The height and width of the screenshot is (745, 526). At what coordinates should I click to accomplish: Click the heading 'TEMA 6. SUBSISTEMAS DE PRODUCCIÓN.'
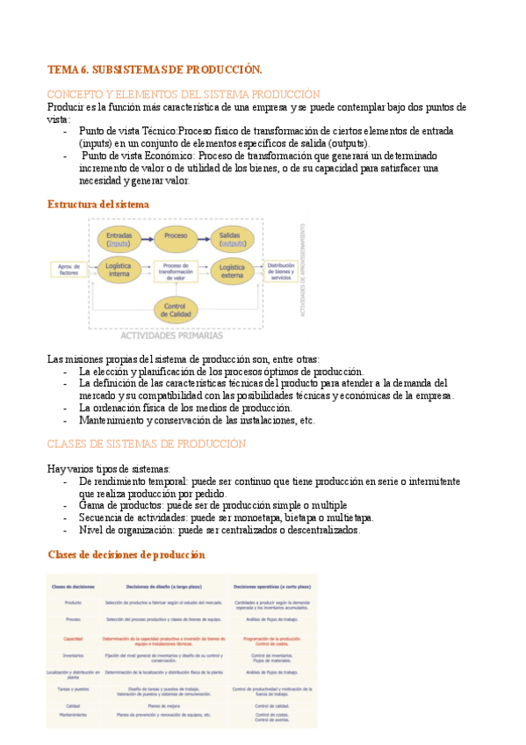point(155,69)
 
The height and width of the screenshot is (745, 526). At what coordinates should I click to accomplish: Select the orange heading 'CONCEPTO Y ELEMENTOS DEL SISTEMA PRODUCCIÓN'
point(184,94)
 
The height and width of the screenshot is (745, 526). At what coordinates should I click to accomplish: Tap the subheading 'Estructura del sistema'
point(97,205)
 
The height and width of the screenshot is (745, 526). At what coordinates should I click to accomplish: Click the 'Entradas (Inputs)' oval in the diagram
point(119,238)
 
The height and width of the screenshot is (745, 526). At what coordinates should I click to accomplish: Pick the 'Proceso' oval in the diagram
point(176,237)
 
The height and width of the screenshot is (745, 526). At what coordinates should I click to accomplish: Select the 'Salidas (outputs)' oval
point(233,238)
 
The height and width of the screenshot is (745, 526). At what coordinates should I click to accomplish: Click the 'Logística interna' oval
point(119,270)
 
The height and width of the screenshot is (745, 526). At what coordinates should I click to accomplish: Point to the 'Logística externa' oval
point(233,270)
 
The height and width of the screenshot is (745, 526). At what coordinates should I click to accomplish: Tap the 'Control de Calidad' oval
point(176,308)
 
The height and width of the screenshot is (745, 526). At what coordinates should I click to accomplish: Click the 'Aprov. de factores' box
point(68,270)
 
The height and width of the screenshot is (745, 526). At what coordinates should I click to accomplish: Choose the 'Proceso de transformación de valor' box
point(176,271)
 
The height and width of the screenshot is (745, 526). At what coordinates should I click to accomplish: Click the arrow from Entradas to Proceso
point(148,237)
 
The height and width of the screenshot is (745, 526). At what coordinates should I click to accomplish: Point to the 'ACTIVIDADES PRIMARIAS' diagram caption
point(171,335)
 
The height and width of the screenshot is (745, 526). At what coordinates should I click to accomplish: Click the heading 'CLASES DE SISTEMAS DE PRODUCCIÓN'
point(146,444)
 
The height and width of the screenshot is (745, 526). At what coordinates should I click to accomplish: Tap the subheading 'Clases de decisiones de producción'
point(126,554)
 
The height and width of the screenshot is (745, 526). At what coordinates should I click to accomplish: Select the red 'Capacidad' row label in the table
point(73,639)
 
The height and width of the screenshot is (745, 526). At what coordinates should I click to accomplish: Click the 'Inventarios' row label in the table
point(73,655)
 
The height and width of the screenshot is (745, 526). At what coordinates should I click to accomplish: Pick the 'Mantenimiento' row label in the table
point(73,714)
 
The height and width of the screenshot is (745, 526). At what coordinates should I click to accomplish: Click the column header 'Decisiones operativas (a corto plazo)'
point(272,585)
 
